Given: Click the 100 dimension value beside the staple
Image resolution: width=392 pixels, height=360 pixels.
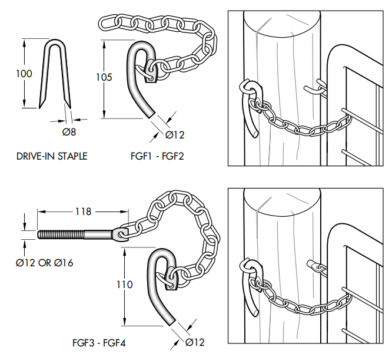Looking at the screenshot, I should (x=25, y=74).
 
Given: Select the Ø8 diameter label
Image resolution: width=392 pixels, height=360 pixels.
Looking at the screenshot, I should (x=69, y=132).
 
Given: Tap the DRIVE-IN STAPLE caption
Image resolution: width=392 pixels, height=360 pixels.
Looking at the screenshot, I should (x=52, y=156).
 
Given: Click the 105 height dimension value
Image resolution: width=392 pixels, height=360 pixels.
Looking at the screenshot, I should (x=103, y=78).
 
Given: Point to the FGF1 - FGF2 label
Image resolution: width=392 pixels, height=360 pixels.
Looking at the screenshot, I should (x=156, y=156).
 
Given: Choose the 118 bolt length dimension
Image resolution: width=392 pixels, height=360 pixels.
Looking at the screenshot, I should (x=82, y=211).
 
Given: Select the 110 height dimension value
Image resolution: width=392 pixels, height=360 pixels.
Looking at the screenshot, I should (x=125, y=285).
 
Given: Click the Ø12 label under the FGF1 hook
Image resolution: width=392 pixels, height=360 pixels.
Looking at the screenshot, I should (x=175, y=135).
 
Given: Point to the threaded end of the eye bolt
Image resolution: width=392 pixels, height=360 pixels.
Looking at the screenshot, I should (x=59, y=234).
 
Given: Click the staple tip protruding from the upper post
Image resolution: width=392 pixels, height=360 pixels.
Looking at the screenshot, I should (x=315, y=88).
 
